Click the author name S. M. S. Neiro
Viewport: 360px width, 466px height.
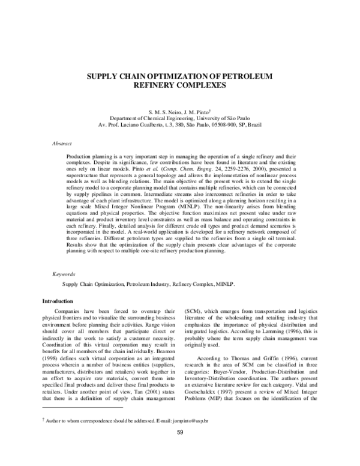(164, 112)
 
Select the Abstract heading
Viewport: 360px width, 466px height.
(62, 144)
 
